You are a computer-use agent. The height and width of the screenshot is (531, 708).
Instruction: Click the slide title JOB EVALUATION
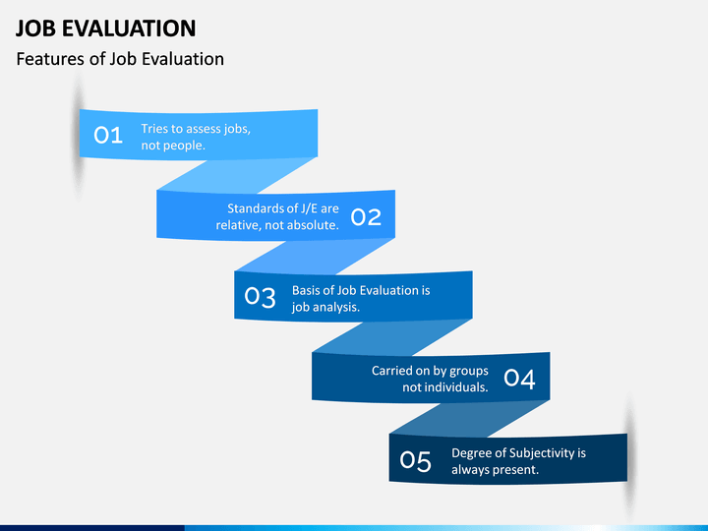point(105,28)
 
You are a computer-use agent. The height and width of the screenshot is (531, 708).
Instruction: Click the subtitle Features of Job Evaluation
point(120,59)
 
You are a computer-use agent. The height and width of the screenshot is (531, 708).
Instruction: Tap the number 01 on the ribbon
point(108,136)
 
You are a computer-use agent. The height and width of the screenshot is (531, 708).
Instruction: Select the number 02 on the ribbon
point(366,217)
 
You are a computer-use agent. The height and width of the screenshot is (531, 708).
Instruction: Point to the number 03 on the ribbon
point(261,297)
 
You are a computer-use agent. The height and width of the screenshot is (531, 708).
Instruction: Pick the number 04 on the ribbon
point(519,379)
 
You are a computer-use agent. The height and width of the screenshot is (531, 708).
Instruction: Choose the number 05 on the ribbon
point(416,460)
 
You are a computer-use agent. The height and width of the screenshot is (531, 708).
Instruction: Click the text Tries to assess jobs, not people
point(195,137)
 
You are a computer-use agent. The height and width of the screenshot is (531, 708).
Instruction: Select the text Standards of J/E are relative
point(278,216)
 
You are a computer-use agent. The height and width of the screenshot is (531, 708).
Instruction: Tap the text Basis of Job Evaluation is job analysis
point(360,298)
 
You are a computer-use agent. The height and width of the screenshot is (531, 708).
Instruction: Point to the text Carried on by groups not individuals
point(430,379)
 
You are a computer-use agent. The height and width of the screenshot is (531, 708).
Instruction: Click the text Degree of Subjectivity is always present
point(517,461)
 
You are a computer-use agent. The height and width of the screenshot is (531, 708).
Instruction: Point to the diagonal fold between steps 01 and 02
point(237,174)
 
